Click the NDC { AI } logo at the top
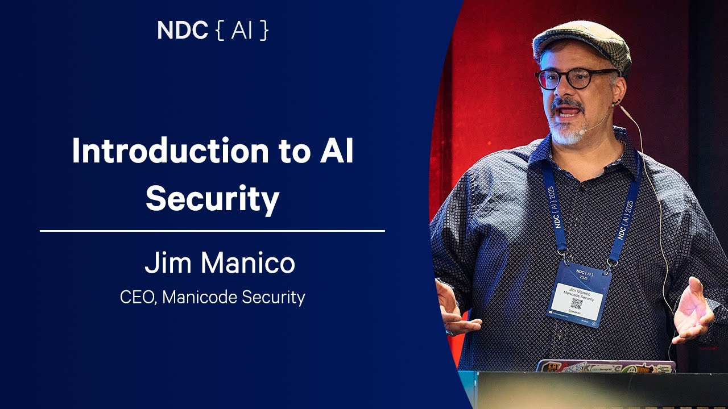(213, 31)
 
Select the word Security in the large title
(212, 198)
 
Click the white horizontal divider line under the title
(212, 231)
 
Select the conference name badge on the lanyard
(579, 294)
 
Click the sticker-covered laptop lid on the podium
(606, 366)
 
